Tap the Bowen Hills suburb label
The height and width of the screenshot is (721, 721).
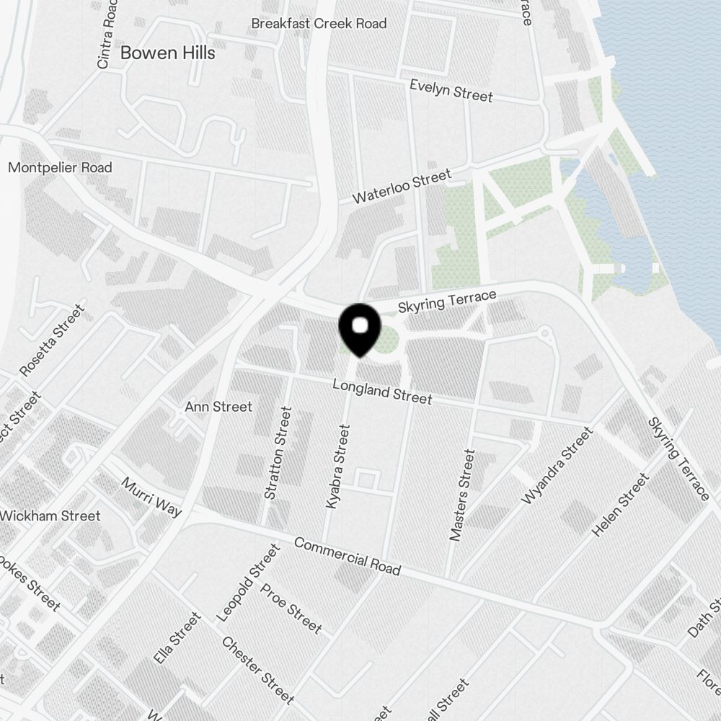[167, 53]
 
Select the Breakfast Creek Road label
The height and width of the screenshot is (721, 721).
[319, 23]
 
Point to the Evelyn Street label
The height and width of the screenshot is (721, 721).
[451, 90]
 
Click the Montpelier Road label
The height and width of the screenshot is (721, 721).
[60, 167]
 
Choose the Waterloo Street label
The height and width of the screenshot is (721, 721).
[402, 187]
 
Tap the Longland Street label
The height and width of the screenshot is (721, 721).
[382, 392]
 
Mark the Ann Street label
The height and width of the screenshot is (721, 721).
[218, 407]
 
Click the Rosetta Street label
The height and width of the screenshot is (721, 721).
[52, 340]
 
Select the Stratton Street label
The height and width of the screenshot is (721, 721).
[278, 454]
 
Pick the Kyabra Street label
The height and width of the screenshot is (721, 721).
[337, 467]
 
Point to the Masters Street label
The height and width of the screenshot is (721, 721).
[462, 495]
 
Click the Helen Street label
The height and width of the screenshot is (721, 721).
[620, 504]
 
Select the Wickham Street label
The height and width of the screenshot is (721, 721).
[50, 516]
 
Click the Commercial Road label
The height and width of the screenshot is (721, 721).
[347, 556]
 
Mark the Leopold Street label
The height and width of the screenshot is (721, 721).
[247, 583]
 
